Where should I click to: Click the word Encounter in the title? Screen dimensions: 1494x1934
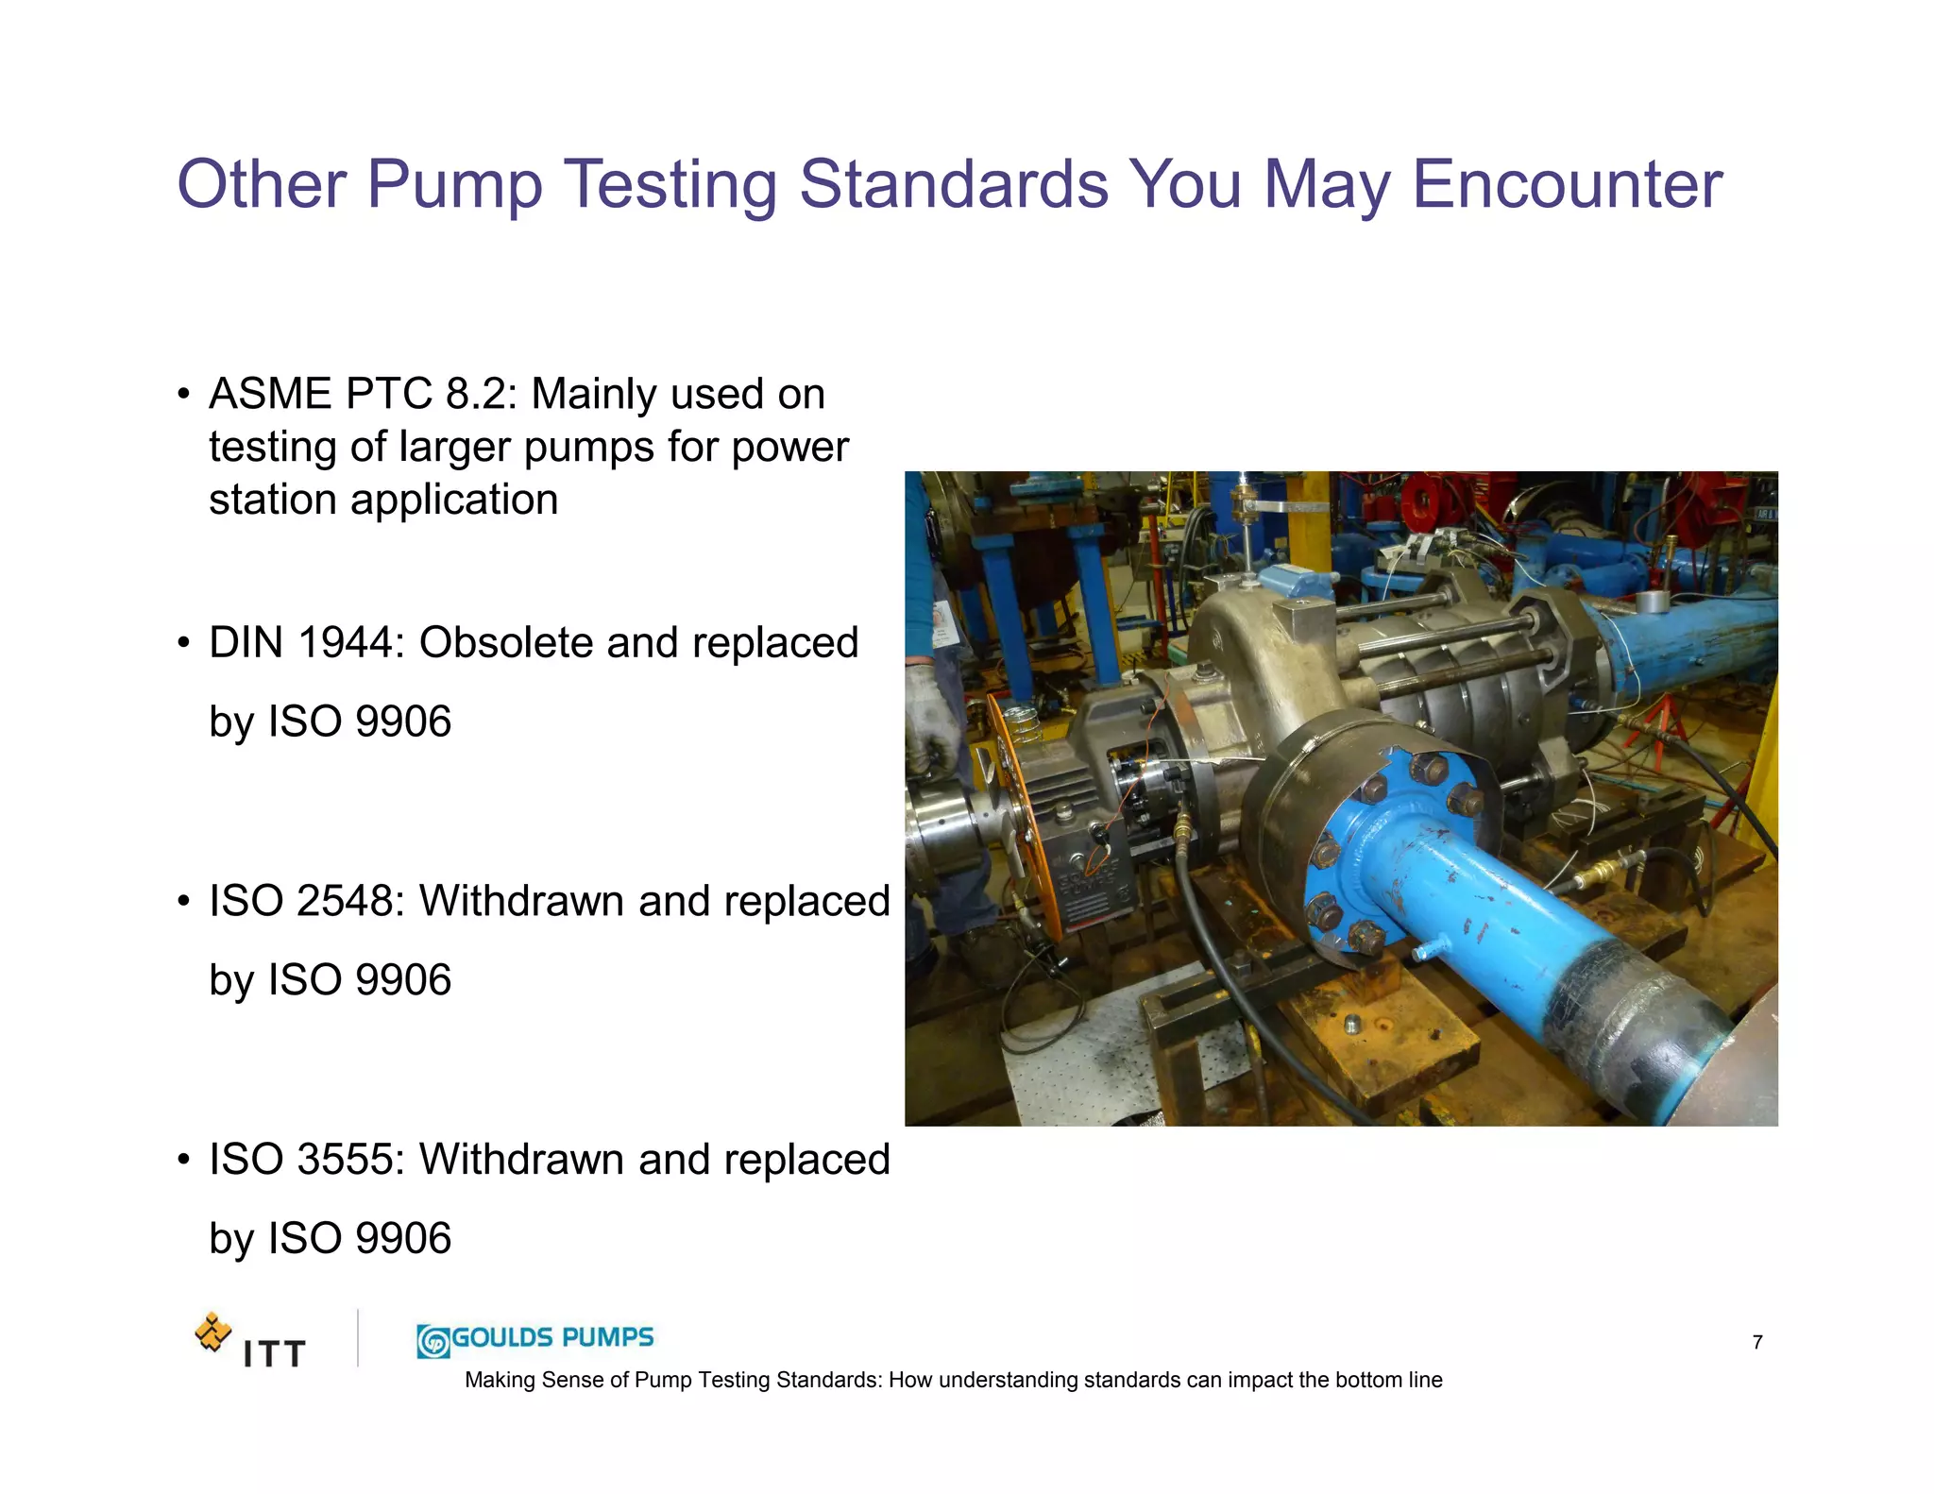(x=1567, y=184)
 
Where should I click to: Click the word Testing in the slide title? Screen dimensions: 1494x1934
(x=670, y=184)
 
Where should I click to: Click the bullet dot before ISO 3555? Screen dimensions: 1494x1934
(x=184, y=1160)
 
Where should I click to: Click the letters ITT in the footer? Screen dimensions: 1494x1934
(x=274, y=1354)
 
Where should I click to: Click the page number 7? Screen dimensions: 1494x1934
(x=1757, y=1342)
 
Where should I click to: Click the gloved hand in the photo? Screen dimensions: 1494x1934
(x=930, y=718)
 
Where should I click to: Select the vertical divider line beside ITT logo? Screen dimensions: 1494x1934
(x=358, y=1338)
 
